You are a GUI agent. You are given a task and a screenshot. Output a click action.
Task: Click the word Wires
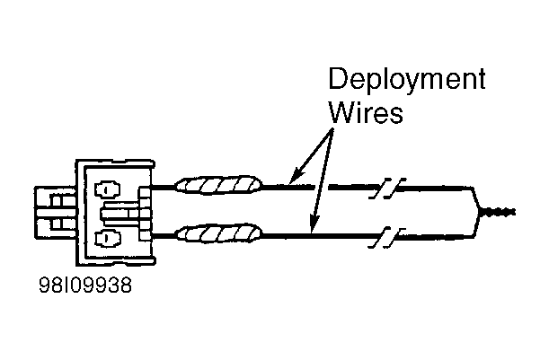pyautogui.click(x=367, y=112)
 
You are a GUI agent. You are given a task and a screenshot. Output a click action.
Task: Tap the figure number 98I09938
pyautogui.click(x=85, y=285)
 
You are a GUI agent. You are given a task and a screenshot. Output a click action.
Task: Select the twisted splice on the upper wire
pyautogui.click(x=218, y=185)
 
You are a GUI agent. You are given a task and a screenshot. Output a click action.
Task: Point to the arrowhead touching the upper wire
pyautogui.click(x=297, y=175)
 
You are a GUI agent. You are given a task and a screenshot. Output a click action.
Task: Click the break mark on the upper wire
pyautogui.click(x=387, y=189)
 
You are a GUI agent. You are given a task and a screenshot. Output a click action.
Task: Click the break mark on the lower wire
pyautogui.click(x=387, y=238)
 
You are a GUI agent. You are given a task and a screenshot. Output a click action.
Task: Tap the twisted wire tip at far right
pyautogui.click(x=498, y=212)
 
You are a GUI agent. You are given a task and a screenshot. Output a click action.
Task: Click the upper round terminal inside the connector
pyautogui.click(x=107, y=189)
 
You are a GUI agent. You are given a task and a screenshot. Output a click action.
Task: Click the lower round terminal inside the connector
pyautogui.click(x=107, y=238)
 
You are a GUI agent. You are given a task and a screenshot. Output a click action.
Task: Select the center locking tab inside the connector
pyautogui.click(x=119, y=214)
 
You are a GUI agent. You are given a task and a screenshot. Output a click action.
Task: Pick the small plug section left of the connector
pyautogui.click(x=56, y=213)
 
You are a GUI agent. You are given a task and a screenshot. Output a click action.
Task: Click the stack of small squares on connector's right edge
pyautogui.click(x=145, y=214)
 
